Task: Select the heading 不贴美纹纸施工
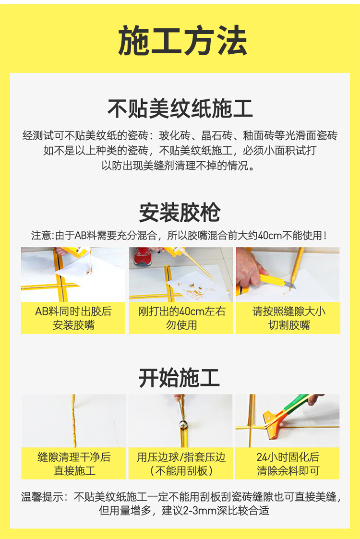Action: pyautogui.click(x=180, y=109)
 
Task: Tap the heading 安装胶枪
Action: pyautogui.click(x=180, y=213)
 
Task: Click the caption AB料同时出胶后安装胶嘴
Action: pyautogui.click(x=73, y=318)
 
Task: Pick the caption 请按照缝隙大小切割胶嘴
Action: pyautogui.click(x=288, y=318)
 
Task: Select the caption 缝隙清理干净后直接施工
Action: pyautogui.click(x=74, y=464)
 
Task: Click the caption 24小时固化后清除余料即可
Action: pyautogui.click(x=288, y=464)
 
